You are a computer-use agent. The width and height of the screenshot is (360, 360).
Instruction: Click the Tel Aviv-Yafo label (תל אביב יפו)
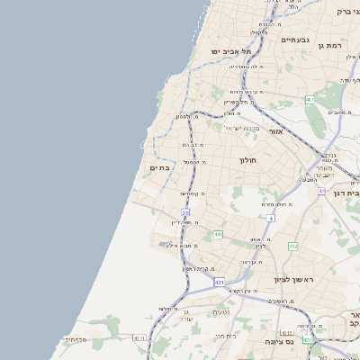coord(229,51)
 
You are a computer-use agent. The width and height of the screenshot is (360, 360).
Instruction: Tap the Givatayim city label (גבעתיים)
coord(294,40)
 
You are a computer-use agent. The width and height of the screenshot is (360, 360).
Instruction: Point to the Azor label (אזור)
coord(276,131)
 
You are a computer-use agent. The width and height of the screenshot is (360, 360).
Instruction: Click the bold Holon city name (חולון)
coord(248,160)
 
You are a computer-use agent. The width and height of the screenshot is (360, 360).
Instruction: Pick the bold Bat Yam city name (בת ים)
coord(160,167)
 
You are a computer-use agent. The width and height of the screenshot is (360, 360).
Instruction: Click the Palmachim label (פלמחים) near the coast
coord(75,339)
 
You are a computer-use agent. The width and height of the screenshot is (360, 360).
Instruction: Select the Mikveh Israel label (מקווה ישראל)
coord(240,128)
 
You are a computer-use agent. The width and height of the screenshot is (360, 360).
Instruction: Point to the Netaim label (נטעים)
coord(220,312)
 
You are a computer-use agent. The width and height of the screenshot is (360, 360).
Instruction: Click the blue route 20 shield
coord(185,212)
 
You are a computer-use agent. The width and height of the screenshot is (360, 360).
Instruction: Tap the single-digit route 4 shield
coord(270,218)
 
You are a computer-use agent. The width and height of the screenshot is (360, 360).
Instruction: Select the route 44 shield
coord(322,191)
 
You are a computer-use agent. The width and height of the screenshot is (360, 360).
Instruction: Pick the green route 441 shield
coord(218,234)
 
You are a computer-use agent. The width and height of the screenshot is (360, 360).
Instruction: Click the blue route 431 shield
coord(220,283)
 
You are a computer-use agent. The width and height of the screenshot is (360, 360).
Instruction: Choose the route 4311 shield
coord(138,337)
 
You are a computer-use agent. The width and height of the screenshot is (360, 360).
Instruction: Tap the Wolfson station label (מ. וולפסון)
coord(185,117)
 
